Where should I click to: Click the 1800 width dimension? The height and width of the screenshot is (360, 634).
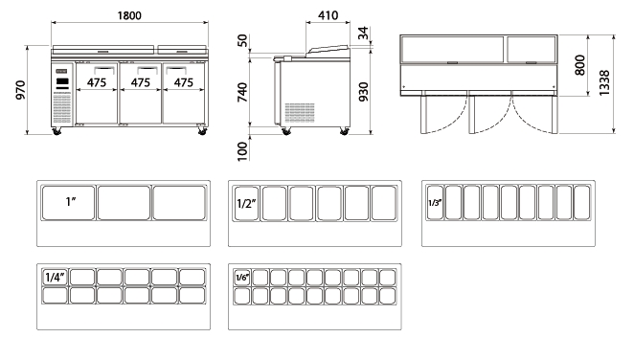(x=129, y=15)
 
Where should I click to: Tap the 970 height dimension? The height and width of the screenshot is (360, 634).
(x=20, y=90)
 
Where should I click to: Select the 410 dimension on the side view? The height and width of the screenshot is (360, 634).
(x=328, y=15)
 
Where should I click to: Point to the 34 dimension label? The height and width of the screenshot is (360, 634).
(x=364, y=33)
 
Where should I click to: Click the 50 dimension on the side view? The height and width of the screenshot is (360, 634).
(x=242, y=41)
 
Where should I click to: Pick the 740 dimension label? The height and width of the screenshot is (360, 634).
(x=242, y=92)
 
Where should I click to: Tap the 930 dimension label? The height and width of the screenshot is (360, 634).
(x=364, y=92)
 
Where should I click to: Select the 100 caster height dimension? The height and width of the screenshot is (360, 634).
(x=242, y=151)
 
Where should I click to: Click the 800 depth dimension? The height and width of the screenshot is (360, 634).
(x=579, y=65)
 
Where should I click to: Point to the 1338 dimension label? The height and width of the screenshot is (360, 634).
(x=604, y=83)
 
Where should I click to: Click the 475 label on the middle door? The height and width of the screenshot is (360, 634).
(x=141, y=83)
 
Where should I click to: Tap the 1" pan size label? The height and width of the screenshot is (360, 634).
(x=71, y=202)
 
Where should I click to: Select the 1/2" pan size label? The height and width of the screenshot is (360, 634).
(x=246, y=203)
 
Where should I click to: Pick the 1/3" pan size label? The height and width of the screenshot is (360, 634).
(x=435, y=202)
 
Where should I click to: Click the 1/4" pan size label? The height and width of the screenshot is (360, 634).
(x=55, y=277)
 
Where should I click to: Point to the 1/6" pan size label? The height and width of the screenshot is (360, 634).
(x=241, y=277)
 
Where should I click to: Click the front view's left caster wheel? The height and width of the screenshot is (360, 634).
(x=57, y=131)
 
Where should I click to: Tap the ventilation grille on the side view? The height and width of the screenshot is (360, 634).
(x=300, y=113)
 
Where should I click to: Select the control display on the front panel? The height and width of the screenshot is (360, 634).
(x=62, y=81)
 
